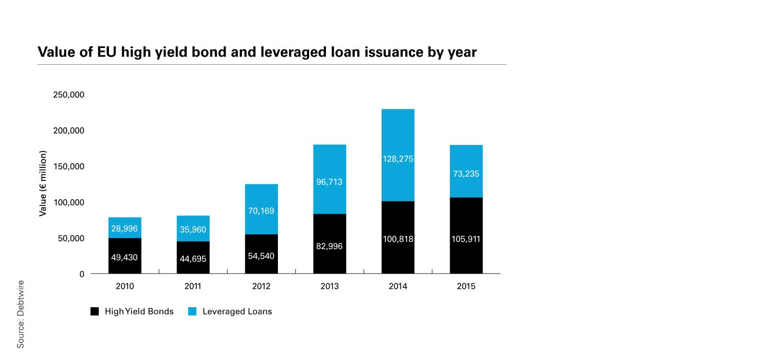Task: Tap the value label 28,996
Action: point(124,228)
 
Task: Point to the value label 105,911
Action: point(466,239)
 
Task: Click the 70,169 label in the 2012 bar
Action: point(261,211)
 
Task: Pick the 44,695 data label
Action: point(193,259)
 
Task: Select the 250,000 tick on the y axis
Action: point(69,95)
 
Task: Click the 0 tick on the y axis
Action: point(82,274)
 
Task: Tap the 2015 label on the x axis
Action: point(466,286)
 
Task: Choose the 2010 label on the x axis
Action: point(125,286)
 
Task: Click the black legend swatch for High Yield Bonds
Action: point(95,311)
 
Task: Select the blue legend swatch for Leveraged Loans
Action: point(192,311)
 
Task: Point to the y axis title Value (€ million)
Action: point(43,183)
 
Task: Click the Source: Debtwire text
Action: point(20,314)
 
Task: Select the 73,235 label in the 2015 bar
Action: point(466,174)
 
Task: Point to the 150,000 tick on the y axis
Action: point(69,167)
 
